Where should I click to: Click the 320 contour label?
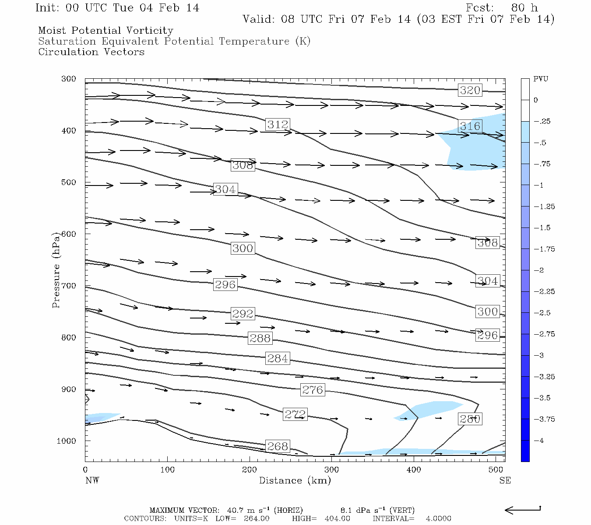470,90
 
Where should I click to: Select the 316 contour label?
470,126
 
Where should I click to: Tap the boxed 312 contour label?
278,124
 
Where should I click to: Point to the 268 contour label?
278,446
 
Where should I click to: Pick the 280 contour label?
470,419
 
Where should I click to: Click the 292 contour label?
243,313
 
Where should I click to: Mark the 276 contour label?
313,389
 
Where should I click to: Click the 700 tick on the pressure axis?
68,286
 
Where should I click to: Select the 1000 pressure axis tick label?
67,441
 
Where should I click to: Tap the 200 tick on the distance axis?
250,470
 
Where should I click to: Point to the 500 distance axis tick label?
496,470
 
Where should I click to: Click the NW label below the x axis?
92,480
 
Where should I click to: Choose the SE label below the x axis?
505,480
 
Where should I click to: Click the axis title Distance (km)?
295,480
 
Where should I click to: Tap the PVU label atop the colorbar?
541,79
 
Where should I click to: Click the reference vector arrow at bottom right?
523,510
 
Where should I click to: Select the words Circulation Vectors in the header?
91,52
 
